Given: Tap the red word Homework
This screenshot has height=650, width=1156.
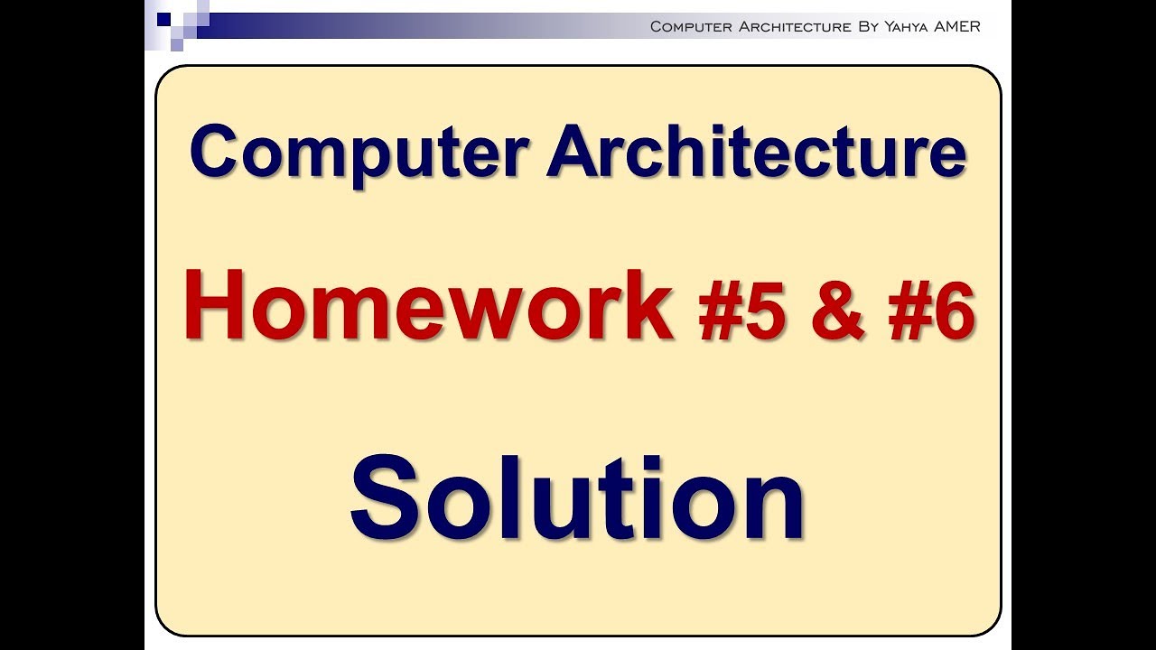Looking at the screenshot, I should pyautogui.click(x=429, y=307).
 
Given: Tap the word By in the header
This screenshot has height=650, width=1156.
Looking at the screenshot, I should pyautogui.click(x=868, y=26).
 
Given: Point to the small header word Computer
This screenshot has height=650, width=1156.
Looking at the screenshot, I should pyautogui.click(x=691, y=26).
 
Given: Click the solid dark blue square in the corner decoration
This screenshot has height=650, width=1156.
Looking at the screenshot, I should pyautogui.click(x=163, y=18).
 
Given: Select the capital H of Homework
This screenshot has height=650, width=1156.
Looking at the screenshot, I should pyautogui.click(x=215, y=307).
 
